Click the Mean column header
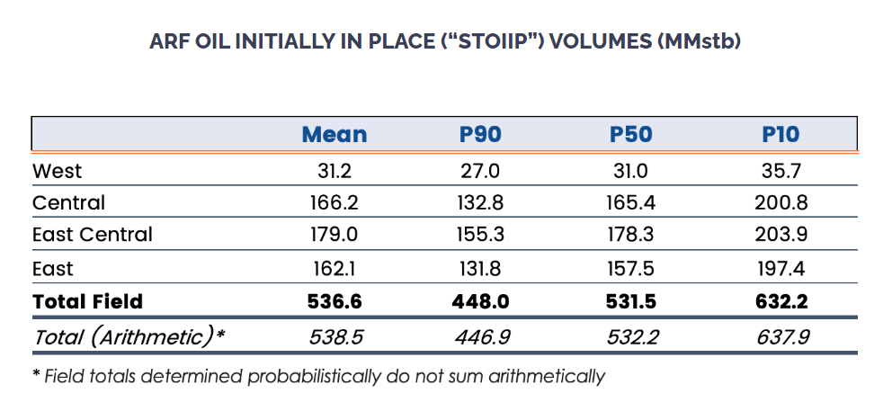click(334, 135)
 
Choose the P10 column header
click(780, 135)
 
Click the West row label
click(57, 171)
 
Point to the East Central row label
click(92, 235)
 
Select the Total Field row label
click(87, 301)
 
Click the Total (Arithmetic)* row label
click(128, 335)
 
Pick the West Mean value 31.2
click(334, 171)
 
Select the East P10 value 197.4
click(780, 268)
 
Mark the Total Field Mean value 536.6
click(334, 301)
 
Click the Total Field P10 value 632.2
click(780, 301)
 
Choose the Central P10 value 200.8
click(780, 202)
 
